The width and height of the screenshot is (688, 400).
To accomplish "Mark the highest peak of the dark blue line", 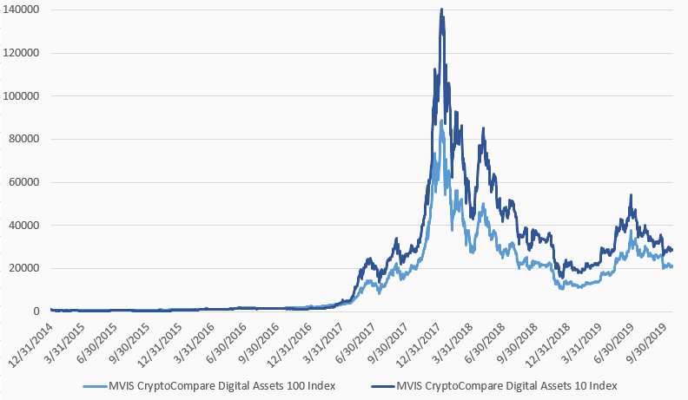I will click(442, 10).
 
